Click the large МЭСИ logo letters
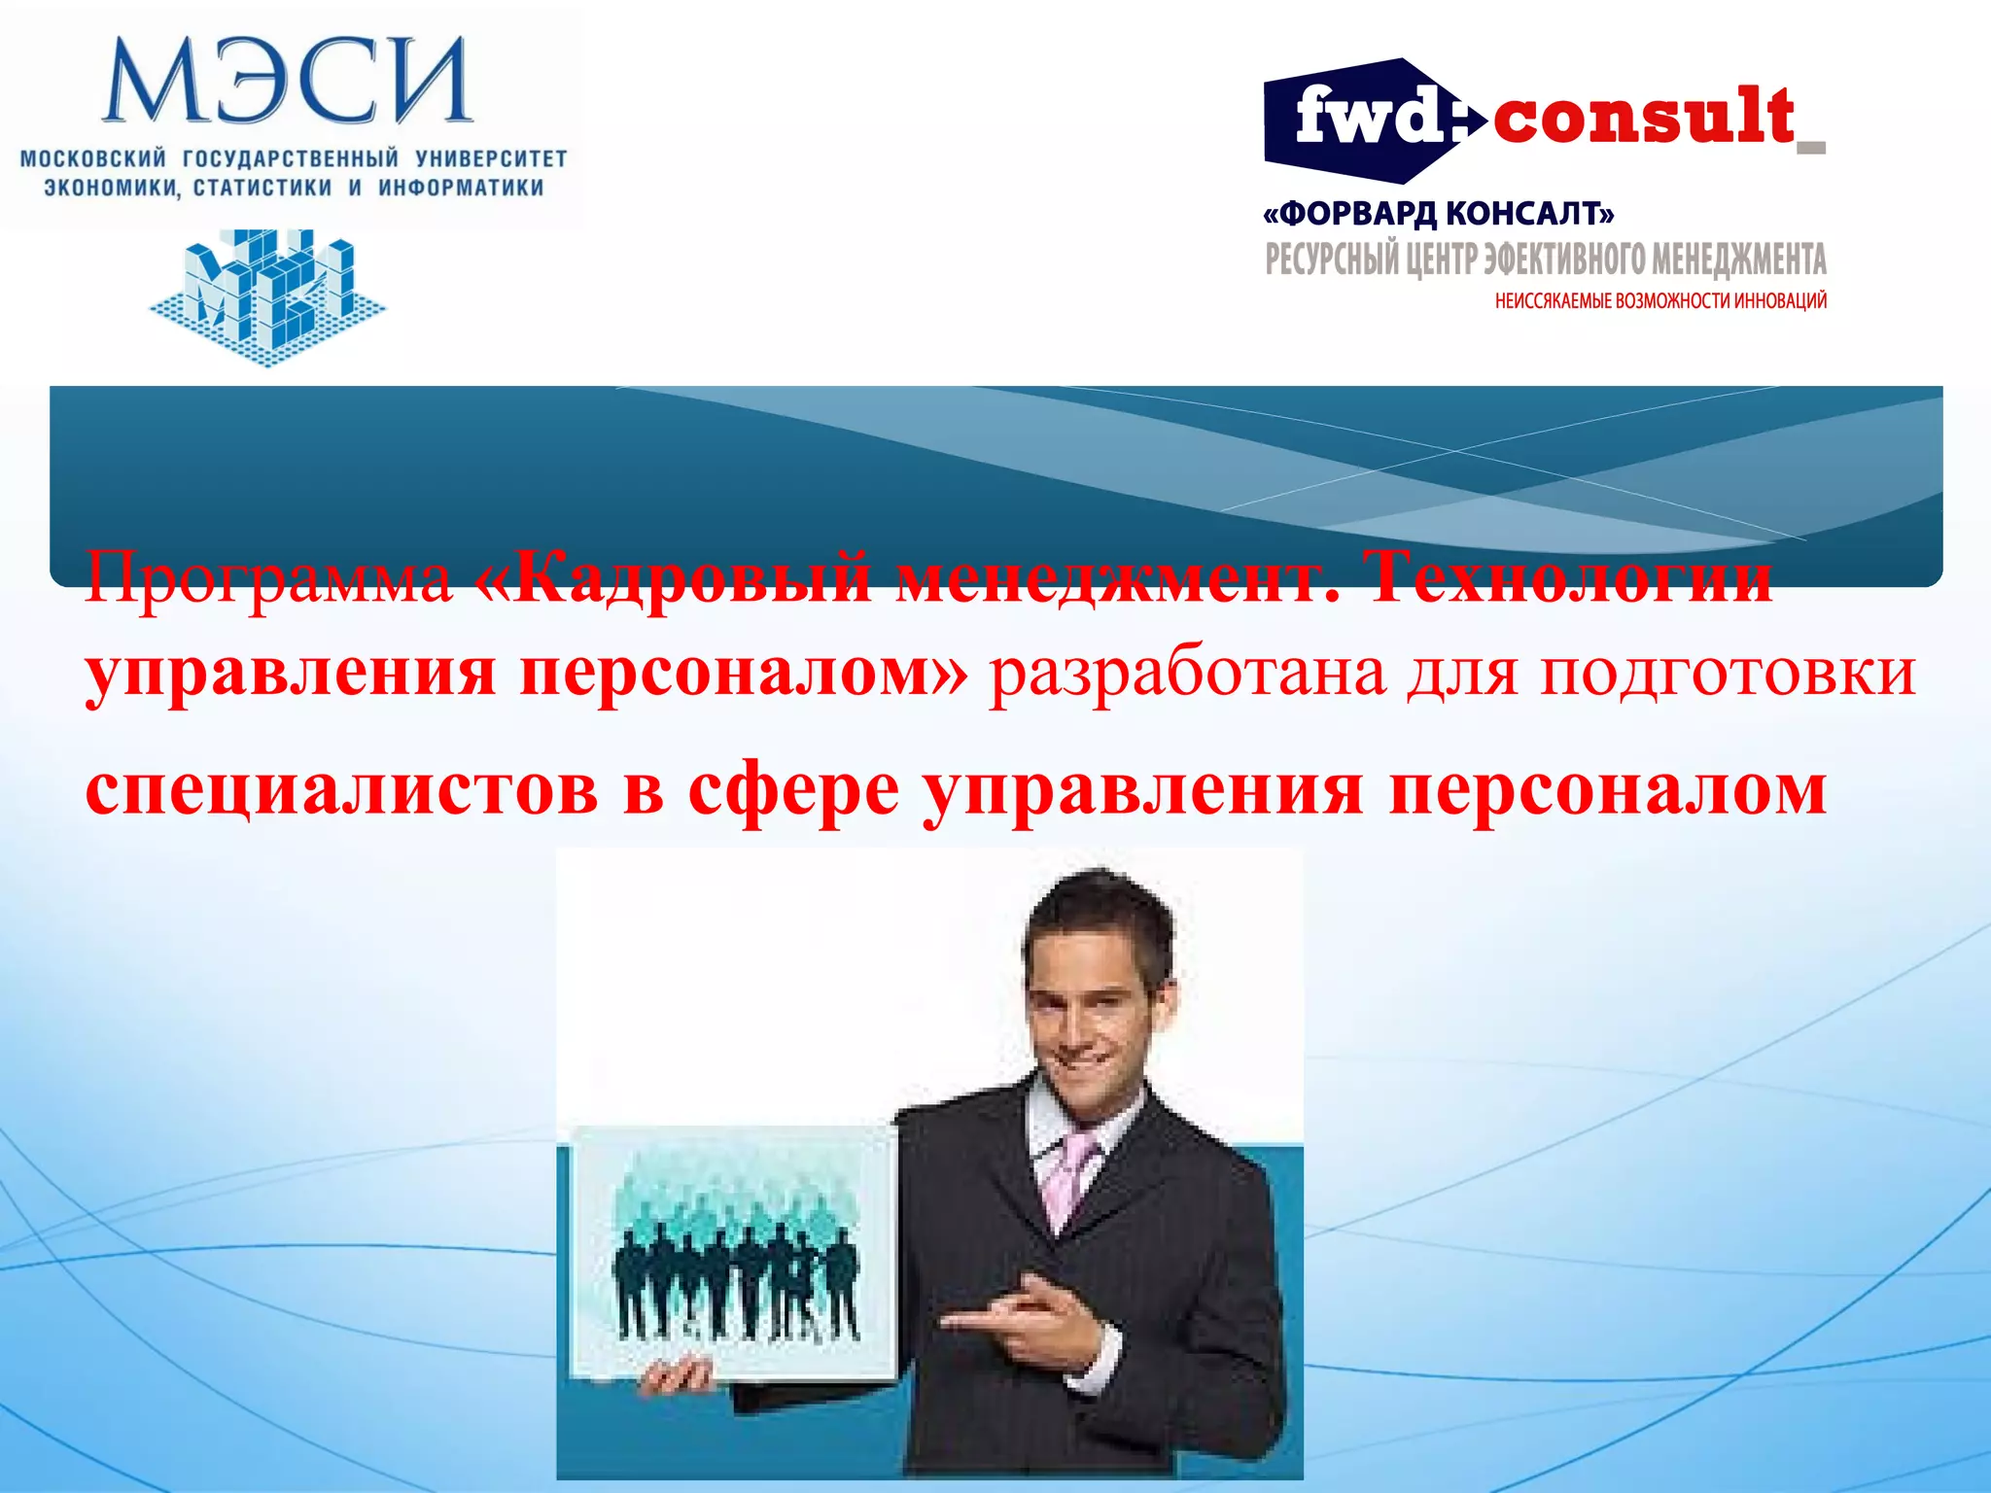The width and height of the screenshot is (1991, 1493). pyautogui.click(x=288, y=82)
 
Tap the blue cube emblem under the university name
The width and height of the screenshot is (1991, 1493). pyautogui.click(x=267, y=295)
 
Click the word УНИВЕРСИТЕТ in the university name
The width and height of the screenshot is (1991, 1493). pyautogui.click(x=491, y=158)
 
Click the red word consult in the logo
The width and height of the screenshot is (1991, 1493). pyautogui.click(x=1643, y=118)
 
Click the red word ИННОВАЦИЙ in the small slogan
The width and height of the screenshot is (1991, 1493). pyautogui.click(x=1780, y=301)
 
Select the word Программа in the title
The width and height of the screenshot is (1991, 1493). pyautogui.click(x=268, y=579)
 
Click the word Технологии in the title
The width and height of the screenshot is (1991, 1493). pyautogui.click(x=1570, y=577)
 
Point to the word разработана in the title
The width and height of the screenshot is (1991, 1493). pyautogui.click(x=1187, y=673)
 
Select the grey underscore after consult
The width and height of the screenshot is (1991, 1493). pyautogui.click(x=1811, y=148)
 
